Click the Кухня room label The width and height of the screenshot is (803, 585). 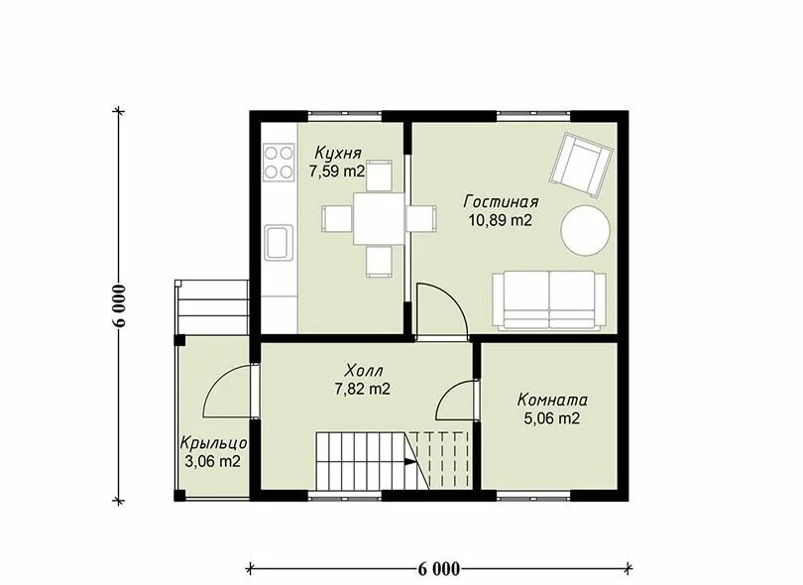(338, 153)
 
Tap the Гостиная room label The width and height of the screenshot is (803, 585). (501, 202)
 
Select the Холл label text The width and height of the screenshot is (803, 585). (364, 370)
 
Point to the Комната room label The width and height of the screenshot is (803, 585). (552, 400)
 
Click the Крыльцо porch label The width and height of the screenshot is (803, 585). (214, 442)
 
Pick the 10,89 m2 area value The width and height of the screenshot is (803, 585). (501, 221)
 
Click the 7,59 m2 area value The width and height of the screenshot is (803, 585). (336, 172)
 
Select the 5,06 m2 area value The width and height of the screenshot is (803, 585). (552, 418)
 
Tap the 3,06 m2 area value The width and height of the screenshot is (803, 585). (212, 461)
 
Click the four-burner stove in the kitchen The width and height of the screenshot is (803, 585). (280, 163)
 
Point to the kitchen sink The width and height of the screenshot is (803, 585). (280, 242)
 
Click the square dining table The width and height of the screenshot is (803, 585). (379, 218)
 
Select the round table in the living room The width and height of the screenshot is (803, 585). (586, 230)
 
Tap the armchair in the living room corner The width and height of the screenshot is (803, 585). (582, 165)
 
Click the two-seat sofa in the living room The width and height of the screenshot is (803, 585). (549, 300)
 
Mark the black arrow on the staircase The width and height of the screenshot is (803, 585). (410, 461)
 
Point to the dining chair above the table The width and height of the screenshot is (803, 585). (380, 175)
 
